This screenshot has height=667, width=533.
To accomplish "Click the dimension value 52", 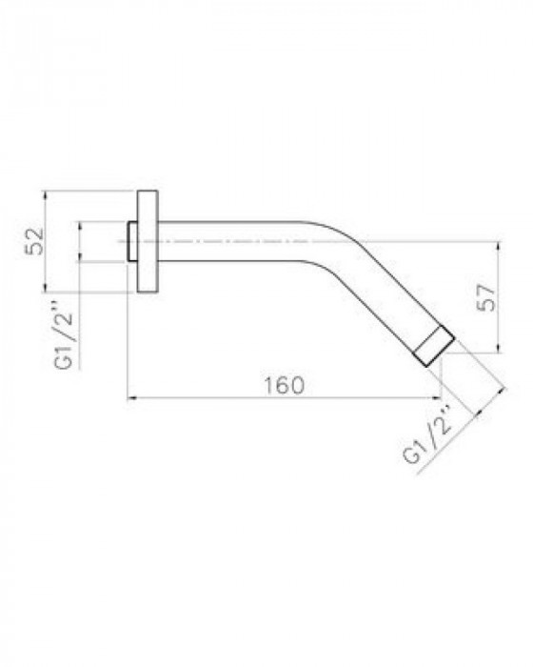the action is (35, 241).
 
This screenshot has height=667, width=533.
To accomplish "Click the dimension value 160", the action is (285, 385).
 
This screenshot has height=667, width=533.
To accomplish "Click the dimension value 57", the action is (485, 297).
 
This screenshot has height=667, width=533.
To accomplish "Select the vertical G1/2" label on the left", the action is (65, 341).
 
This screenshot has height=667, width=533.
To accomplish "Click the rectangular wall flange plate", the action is (148, 241).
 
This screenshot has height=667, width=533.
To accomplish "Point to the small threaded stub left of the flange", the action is (131, 241).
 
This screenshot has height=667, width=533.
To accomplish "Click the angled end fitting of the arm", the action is (434, 346).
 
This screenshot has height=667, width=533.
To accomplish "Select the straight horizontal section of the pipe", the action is (229, 241).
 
